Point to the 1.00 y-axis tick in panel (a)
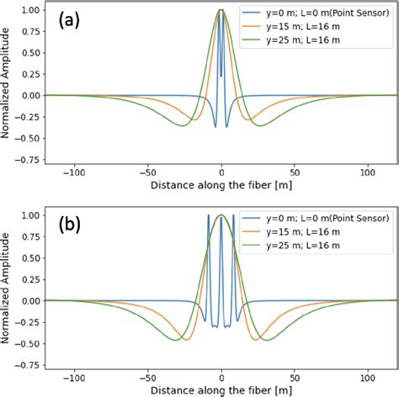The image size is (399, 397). pos(28,10)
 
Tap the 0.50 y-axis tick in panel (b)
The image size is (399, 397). pos(28,257)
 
